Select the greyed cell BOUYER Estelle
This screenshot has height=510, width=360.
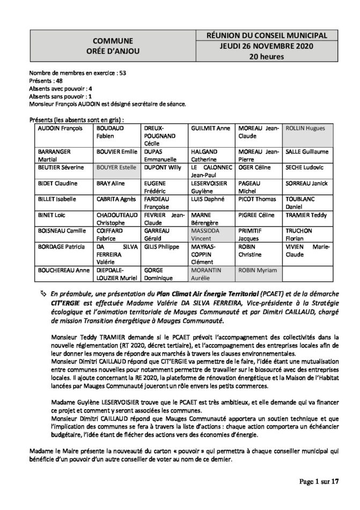coord(115,167)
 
